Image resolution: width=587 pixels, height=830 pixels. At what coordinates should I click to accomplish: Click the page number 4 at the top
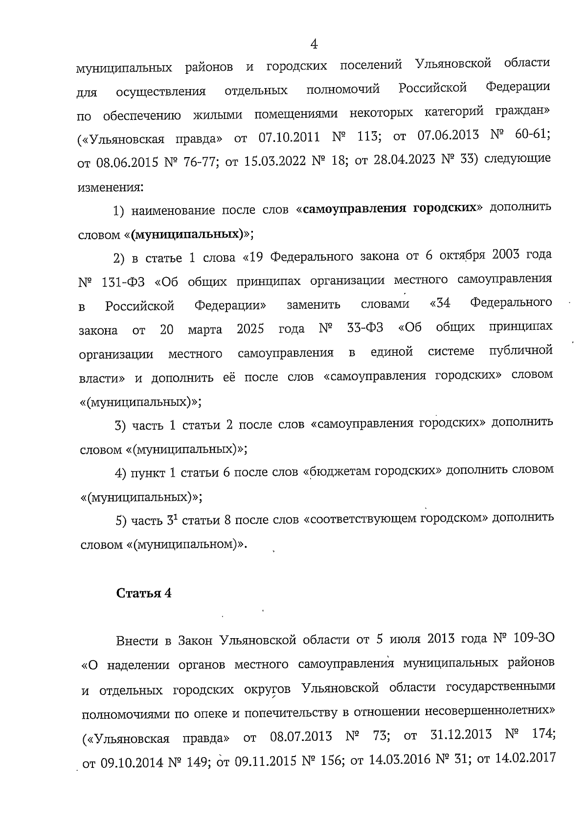click(314, 45)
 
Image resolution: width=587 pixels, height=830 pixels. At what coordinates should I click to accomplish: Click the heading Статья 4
click(144, 593)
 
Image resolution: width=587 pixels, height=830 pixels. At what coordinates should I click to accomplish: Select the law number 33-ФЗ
click(365, 328)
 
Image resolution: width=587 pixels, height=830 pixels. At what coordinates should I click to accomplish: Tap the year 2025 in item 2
click(250, 329)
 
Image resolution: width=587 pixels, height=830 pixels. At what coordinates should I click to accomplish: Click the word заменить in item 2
click(313, 305)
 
